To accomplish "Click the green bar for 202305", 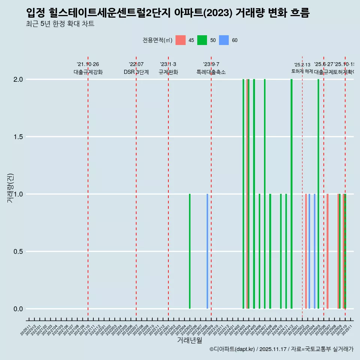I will coord(190,251).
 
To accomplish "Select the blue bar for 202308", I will coord(207,251).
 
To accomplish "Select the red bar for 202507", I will coord(327,251).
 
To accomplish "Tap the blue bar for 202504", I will coord(315,251).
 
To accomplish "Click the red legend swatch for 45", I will coord(181,40).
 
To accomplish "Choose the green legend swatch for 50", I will coord(202,40).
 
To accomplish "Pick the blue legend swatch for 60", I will coord(224,40).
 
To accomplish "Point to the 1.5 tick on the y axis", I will coord(18,137).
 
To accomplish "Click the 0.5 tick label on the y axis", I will coord(18,252).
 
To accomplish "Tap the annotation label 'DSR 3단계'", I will coord(136,72).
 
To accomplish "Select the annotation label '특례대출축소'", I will coord(211,72).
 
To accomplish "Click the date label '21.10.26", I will coord(88,64).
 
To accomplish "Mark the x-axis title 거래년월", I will coord(190,340).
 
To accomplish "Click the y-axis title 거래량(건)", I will coord(10,188).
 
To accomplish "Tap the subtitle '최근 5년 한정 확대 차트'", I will coord(60,24).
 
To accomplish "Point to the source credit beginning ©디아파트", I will coord(281,349).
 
